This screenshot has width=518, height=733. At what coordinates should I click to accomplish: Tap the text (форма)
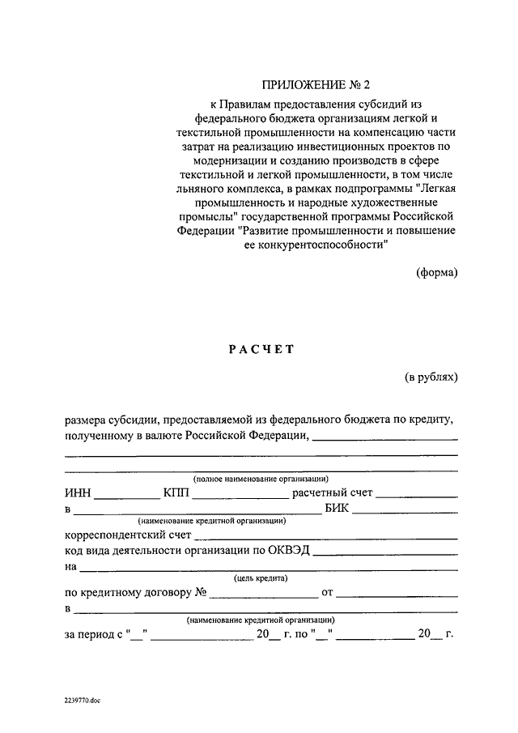click(x=437, y=272)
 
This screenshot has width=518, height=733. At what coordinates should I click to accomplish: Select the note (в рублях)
click(x=431, y=377)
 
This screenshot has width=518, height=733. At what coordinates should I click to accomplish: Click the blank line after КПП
click(x=240, y=496)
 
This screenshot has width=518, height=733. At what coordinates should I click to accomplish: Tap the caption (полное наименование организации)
click(x=261, y=480)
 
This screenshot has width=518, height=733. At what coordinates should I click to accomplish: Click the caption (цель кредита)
click(x=260, y=577)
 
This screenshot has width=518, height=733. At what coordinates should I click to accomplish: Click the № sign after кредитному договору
click(x=200, y=593)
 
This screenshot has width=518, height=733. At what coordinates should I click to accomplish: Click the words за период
click(x=89, y=634)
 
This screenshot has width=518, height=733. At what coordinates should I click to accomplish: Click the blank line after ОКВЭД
click(x=385, y=553)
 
